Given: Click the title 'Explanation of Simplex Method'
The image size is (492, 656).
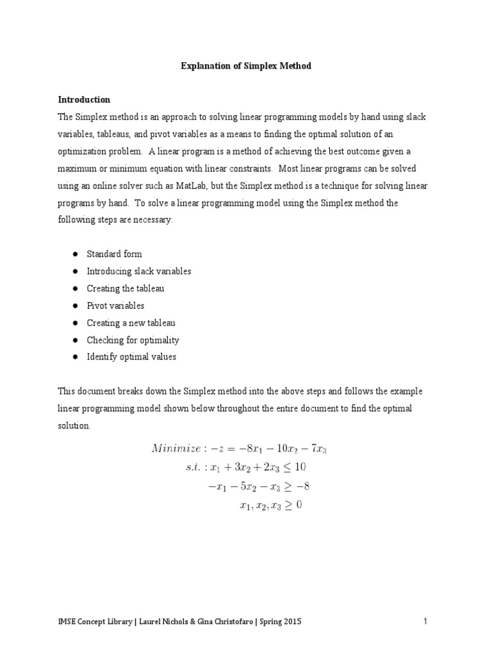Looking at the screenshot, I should coord(246,66).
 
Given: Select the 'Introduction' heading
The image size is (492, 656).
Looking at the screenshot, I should coord(84,100).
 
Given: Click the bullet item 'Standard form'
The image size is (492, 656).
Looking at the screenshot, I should coord(114,254).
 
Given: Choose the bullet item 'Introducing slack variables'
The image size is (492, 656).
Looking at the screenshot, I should coord(138,271).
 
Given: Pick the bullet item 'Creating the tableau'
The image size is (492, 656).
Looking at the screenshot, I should coord(125,288).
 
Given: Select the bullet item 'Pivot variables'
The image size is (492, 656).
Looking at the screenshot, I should coord(115,306).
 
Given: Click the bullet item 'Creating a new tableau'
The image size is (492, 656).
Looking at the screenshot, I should coord(131,323).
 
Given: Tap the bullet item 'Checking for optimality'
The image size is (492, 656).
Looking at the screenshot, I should coord(133,340).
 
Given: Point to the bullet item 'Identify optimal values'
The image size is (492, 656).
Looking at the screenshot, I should coord(131,357).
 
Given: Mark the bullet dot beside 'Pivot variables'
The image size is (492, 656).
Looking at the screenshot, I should coord(75,306).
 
